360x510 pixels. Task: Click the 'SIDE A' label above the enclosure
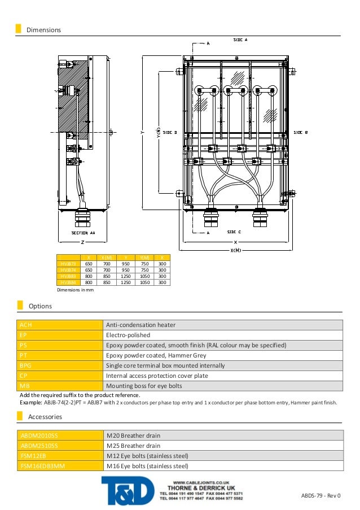(x=241, y=40)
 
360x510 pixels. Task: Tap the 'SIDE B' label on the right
(x=300, y=132)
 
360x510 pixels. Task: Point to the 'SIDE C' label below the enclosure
(x=235, y=232)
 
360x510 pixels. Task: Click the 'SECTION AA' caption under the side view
(x=83, y=233)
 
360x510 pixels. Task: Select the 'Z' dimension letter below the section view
(x=82, y=242)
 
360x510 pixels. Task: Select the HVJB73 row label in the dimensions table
(x=68, y=263)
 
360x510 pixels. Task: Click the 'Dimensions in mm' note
(x=75, y=290)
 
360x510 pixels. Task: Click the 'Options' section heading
(x=40, y=306)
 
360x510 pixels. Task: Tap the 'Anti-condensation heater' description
(x=141, y=325)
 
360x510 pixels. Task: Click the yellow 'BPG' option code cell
(x=59, y=365)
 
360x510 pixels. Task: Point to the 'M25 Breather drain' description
(x=133, y=446)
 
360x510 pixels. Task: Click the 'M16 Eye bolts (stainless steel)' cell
(x=147, y=466)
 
